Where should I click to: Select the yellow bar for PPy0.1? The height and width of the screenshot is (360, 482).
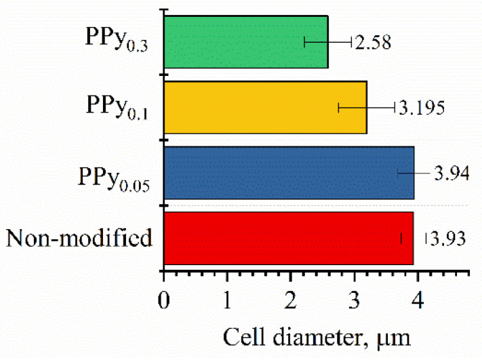pyautogui.click(x=264, y=107)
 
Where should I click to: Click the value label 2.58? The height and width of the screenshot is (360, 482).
pyautogui.click(x=372, y=42)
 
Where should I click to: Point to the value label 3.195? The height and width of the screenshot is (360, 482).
pyautogui.click(x=421, y=108)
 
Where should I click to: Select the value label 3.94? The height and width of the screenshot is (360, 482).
pyautogui.click(x=449, y=173)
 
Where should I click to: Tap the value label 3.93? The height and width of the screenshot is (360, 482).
pyautogui.click(x=447, y=239)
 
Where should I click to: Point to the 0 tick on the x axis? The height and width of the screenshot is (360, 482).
pyautogui.click(x=163, y=299)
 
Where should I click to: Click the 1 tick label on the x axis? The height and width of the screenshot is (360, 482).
pyautogui.click(x=227, y=299)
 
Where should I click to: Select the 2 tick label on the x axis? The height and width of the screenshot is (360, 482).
pyautogui.click(x=290, y=299)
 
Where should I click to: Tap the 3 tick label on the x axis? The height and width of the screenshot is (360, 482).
pyautogui.click(x=354, y=299)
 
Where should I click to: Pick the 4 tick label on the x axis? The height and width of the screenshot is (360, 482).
pyautogui.click(x=418, y=299)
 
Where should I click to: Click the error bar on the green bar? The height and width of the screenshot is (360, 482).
pyautogui.click(x=327, y=42)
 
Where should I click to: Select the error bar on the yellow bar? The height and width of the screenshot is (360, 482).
pyautogui.click(x=366, y=107)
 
